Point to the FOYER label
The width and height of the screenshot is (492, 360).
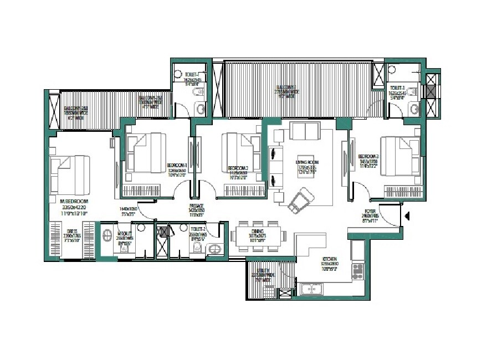[371, 211]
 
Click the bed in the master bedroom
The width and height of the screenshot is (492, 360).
[70, 173]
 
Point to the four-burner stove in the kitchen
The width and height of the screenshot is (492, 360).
[358, 270]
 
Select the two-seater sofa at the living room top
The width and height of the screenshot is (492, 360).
[305, 132]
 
